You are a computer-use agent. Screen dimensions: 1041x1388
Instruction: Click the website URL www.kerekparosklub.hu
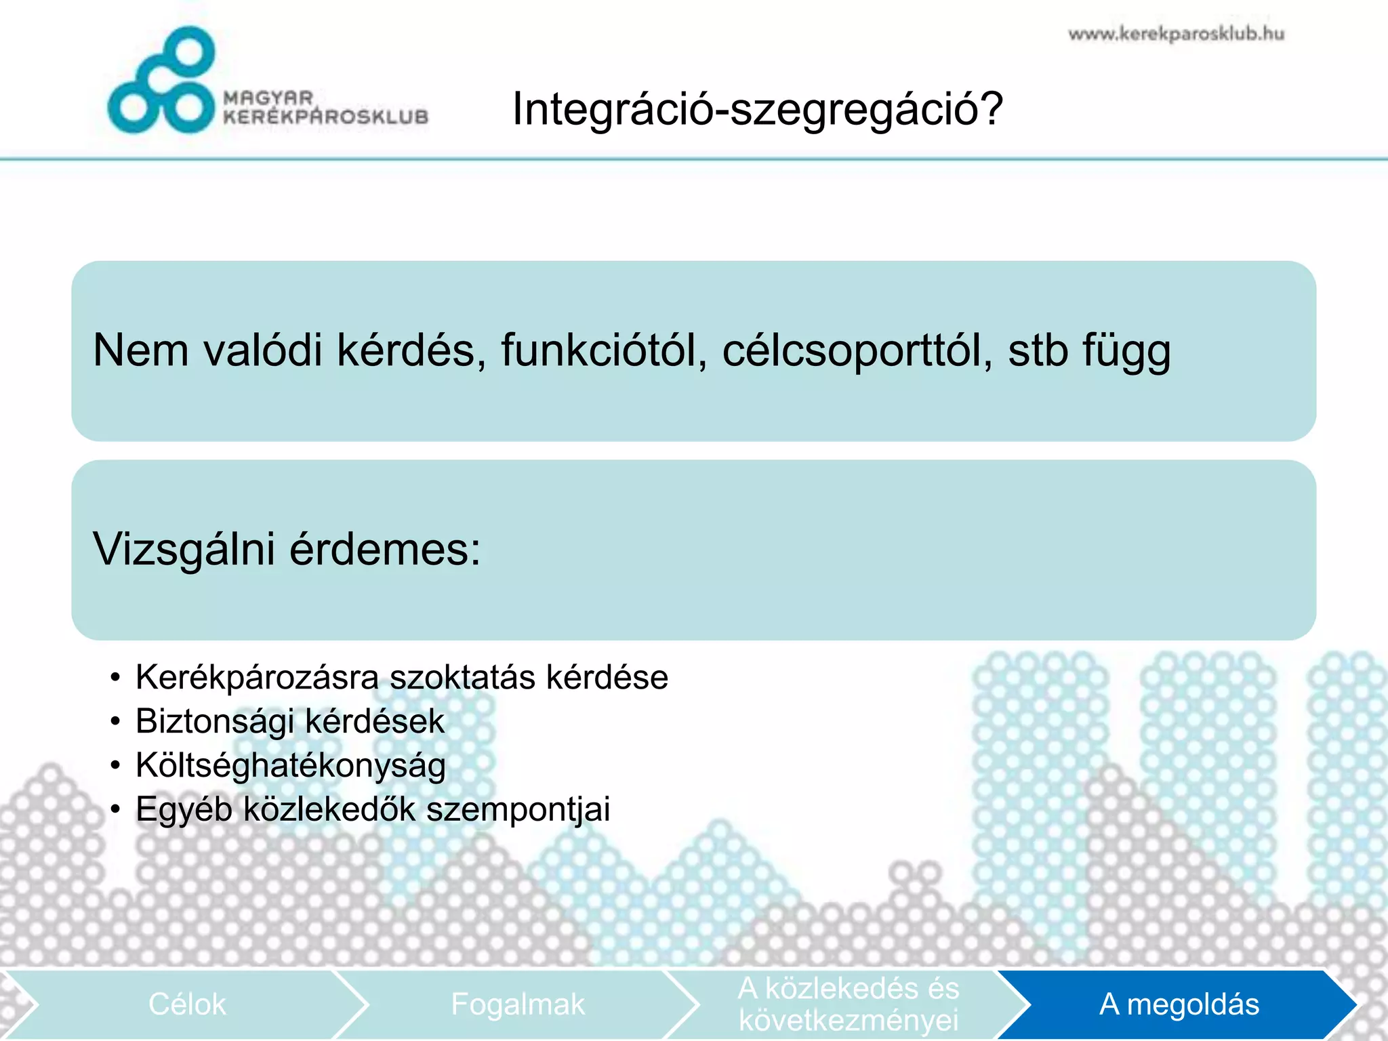click(1176, 34)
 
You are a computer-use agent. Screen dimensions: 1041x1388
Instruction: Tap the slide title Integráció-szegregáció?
click(757, 109)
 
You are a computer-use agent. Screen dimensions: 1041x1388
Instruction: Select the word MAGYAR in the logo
click(268, 98)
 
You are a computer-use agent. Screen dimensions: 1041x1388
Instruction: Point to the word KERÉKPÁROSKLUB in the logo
click(326, 117)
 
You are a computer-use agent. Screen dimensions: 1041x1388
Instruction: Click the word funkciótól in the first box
click(603, 350)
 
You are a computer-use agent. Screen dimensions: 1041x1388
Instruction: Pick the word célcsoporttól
click(857, 350)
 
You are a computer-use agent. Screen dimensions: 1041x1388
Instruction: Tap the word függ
click(1126, 352)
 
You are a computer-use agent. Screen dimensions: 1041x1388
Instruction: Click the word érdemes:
click(385, 549)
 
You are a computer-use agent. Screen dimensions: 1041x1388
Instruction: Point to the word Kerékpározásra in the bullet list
click(257, 678)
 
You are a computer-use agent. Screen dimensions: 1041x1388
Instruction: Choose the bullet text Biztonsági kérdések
click(290, 721)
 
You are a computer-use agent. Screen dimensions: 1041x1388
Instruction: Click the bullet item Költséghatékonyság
click(291, 766)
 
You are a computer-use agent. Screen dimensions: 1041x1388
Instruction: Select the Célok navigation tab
click(187, 1004)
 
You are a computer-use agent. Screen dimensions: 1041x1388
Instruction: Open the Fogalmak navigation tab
click(517, 1004)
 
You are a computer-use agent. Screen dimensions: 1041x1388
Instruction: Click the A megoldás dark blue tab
click(1179, 1004)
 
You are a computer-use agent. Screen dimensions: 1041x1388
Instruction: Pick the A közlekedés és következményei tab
click(848, 1004)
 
